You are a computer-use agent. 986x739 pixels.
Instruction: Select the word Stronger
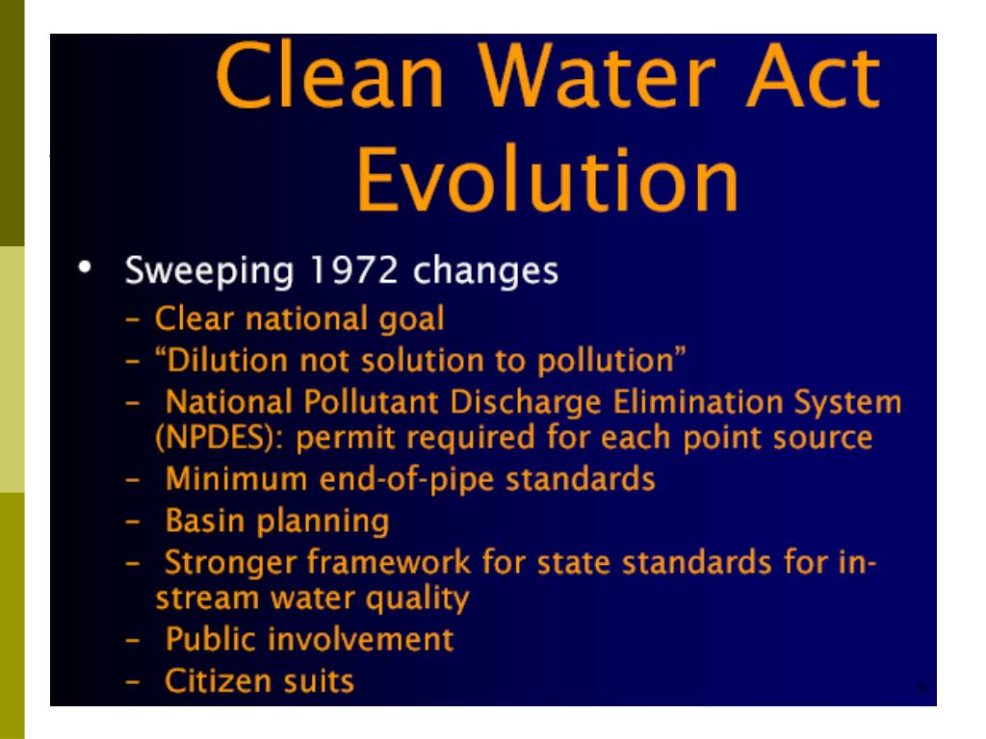229,560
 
